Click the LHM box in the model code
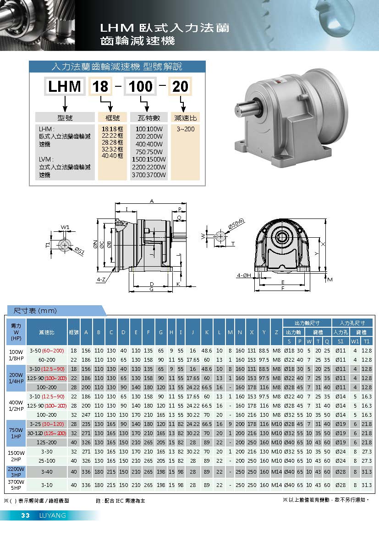tap(64, 86)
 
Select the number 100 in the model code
tap(140, 86)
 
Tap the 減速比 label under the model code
tap(186, 118)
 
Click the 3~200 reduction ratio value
tap(186, 129)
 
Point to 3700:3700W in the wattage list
tap(149, 175)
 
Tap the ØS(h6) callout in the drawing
tap(236, 224)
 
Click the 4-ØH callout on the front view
tap(244, 275)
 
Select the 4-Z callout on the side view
tap(101, 280)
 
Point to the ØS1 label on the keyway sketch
tap(79, 252)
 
